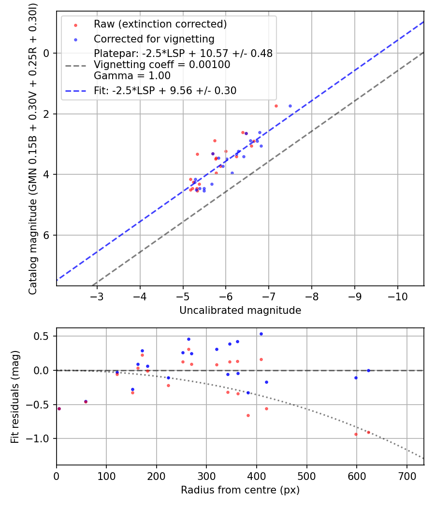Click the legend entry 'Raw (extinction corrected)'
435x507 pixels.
[160, 24]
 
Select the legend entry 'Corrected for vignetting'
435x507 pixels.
[154, 39]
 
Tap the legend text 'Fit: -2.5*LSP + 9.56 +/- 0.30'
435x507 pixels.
[165, 90]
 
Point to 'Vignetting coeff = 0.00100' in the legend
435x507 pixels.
[162, 65]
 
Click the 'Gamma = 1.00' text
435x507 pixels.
[132, 76]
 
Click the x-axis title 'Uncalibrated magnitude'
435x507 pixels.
[240, 310]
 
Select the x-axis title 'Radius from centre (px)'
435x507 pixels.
[240, 490]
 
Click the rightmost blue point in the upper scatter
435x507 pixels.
[290, 106]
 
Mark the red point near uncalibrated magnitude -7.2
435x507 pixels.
[276, 106]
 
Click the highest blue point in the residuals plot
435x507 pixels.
[261, 334]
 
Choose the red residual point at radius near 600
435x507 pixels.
[356, 434]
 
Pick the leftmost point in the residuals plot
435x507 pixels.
[59, 408]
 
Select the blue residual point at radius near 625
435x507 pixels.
[368, 370]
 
